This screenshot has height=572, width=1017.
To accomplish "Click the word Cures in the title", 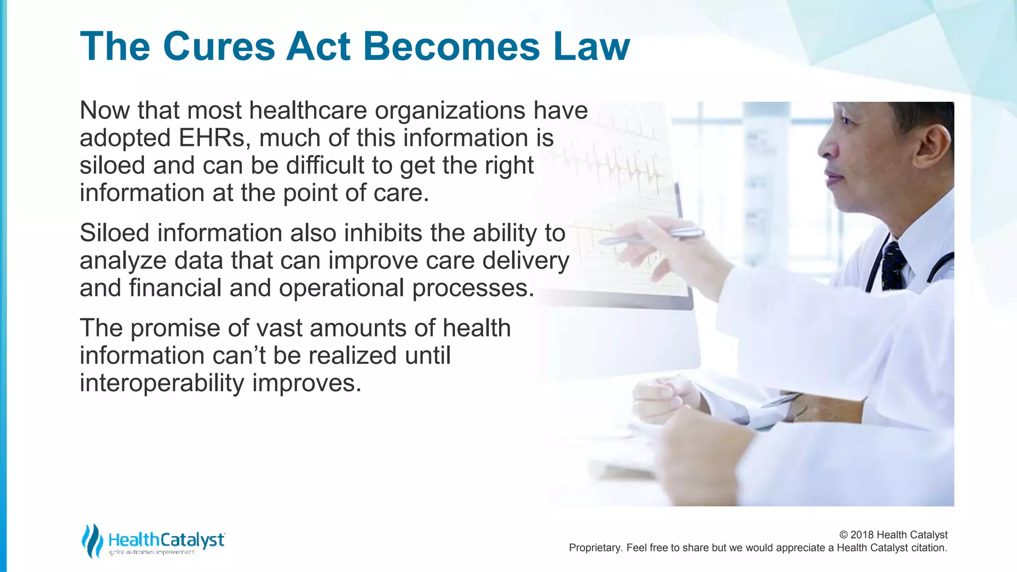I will click(218, 47).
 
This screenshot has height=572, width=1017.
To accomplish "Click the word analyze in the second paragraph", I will click(123, 261).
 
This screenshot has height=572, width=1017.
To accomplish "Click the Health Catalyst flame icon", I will click(92, 541).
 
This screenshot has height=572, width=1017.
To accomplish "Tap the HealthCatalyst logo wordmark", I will click(166, 540).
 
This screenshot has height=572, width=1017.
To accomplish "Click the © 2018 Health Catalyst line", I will click(893, 535).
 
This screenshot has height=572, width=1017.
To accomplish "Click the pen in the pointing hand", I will click(651, 236).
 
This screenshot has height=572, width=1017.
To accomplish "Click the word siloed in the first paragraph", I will click(112, 165).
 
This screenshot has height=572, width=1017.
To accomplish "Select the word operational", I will click(342, 288).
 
